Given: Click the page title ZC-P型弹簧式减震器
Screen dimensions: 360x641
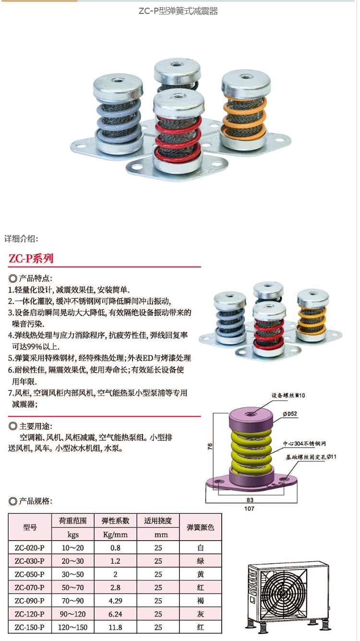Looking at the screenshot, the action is (178, 11).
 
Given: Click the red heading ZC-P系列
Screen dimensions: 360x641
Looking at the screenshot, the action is (31, 258).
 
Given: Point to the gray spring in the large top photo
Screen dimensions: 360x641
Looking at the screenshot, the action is (118, 120).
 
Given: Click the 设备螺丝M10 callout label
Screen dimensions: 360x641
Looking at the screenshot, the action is (288, 396).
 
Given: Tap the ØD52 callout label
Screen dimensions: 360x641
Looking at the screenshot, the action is (290, 414).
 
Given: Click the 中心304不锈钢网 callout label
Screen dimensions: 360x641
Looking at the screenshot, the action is (304, 444).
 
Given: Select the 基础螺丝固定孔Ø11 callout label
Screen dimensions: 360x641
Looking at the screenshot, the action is (311, 457).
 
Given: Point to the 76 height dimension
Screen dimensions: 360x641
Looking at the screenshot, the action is (210, 447).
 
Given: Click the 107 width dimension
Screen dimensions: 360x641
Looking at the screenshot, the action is (249, 508).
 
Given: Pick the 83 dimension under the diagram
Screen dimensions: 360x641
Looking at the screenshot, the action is (250, 500).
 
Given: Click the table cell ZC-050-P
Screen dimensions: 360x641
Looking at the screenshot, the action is (30, 574).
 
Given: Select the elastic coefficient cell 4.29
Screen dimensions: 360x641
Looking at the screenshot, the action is (115, 601).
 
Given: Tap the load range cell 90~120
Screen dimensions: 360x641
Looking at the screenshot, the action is (72, 614).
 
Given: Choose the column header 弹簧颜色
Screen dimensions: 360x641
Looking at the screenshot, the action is (200, 527).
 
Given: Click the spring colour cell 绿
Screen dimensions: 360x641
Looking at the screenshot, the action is (200, 561).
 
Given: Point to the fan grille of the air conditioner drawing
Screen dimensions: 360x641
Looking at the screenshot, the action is (283, 593).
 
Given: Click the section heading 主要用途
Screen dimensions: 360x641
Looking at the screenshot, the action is (36, 426).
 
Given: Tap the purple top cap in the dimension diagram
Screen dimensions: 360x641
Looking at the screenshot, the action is (251, 419).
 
